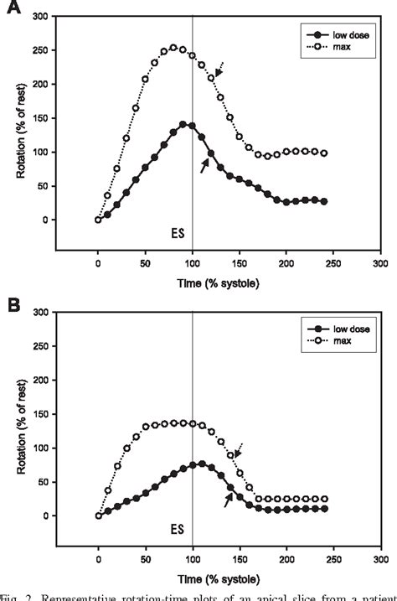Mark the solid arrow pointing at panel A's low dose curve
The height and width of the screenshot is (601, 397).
[x=204, y=165]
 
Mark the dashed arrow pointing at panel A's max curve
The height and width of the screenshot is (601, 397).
[x=220, y=69]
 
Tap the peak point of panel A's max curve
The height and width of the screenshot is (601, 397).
[x=173, y=48]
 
